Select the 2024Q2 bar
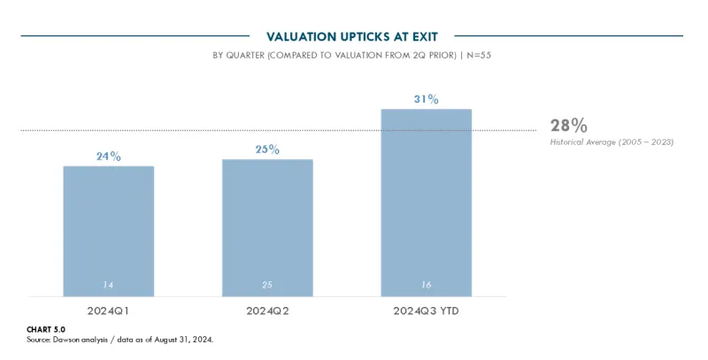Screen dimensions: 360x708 pyautogui.click(x=267, y=227)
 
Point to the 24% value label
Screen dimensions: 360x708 pyautogui.click(x=108, y=157)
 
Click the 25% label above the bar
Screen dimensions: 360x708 pyautogui.click(x=267, y=149)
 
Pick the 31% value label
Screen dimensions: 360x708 pyautogui.click(x=426, y=99)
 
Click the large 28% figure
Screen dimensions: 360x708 pyautogui.click(x=568, y=126)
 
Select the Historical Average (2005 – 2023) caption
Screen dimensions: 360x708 pyautogui.click(x=612, y=142)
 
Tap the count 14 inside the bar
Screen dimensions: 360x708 pyautogui.click(x=108, y=285)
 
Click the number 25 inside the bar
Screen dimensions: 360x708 pyautogui.click(x=267, y=285)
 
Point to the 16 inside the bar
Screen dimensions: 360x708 pyautogui.click(x=426, y=285)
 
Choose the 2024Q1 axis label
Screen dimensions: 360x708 pyautogui.click(x=108, y=312)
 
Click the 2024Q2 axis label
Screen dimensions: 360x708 pyautogui.click(x=267, y=312)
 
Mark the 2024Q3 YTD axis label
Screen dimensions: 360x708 pyautogui.click(x=426, y=312)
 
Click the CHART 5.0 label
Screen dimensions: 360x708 pyautogui.click(x=46, y=329)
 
